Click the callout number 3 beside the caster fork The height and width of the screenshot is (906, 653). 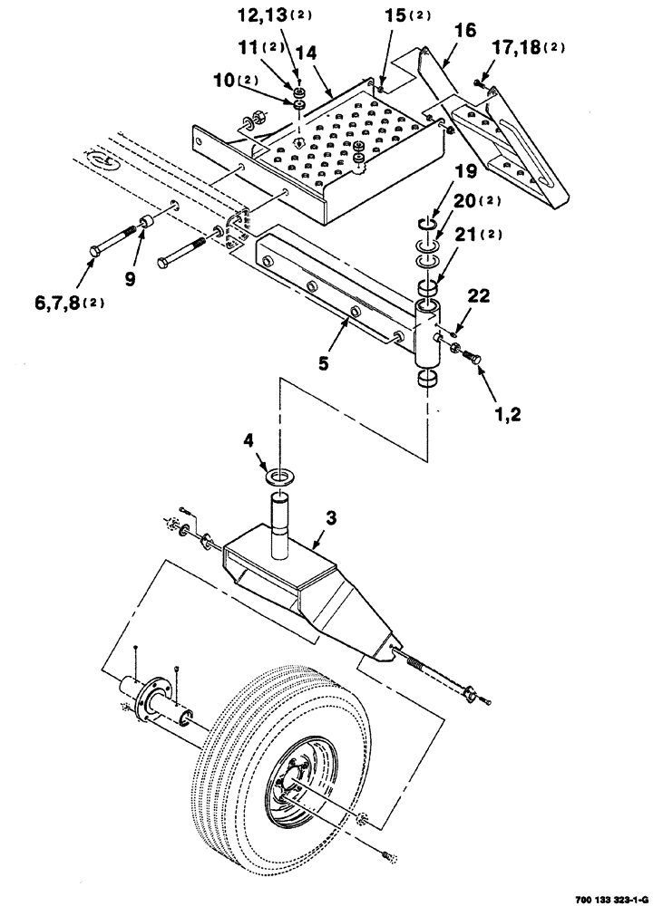[x=331, y=518]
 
